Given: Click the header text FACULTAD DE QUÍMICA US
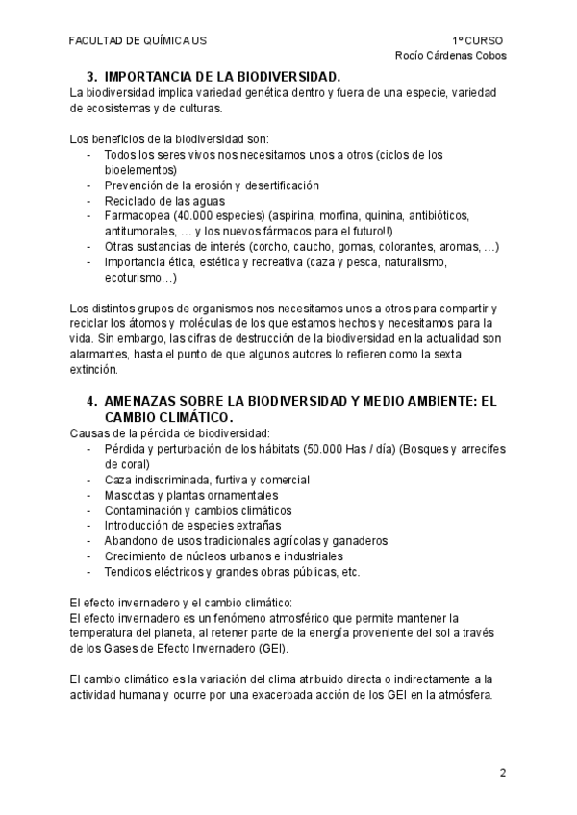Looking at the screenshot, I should point(138,41).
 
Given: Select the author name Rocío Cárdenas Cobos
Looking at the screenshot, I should point(451,56).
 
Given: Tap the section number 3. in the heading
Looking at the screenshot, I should point(92,76).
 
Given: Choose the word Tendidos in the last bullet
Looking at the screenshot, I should point(129,571).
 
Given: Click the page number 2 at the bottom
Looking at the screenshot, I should point(502,773).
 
